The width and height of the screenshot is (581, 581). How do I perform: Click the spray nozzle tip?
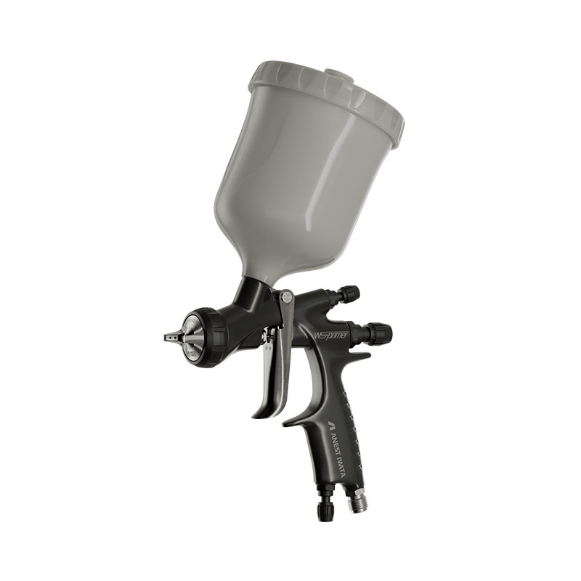pyautogui.click(x=169, y=337)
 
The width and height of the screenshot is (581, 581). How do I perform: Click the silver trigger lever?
pyautogui.click(x=271, y=370)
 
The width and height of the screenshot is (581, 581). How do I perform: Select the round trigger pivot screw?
pyautogui.click(x=286, y=296)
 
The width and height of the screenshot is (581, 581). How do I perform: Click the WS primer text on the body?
pyautogui.click(x=330, y=336)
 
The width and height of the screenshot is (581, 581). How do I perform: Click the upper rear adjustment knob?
pyautogui.click(x=351, y=293)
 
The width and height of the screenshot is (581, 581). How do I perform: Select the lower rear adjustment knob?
pyautogui.click(x=380, y=333)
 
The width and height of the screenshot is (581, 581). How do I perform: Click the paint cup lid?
pyautogui.click(x=327, y=94)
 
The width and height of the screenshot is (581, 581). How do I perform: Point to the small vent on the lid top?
pyautogui.click(x=336, y=74)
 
